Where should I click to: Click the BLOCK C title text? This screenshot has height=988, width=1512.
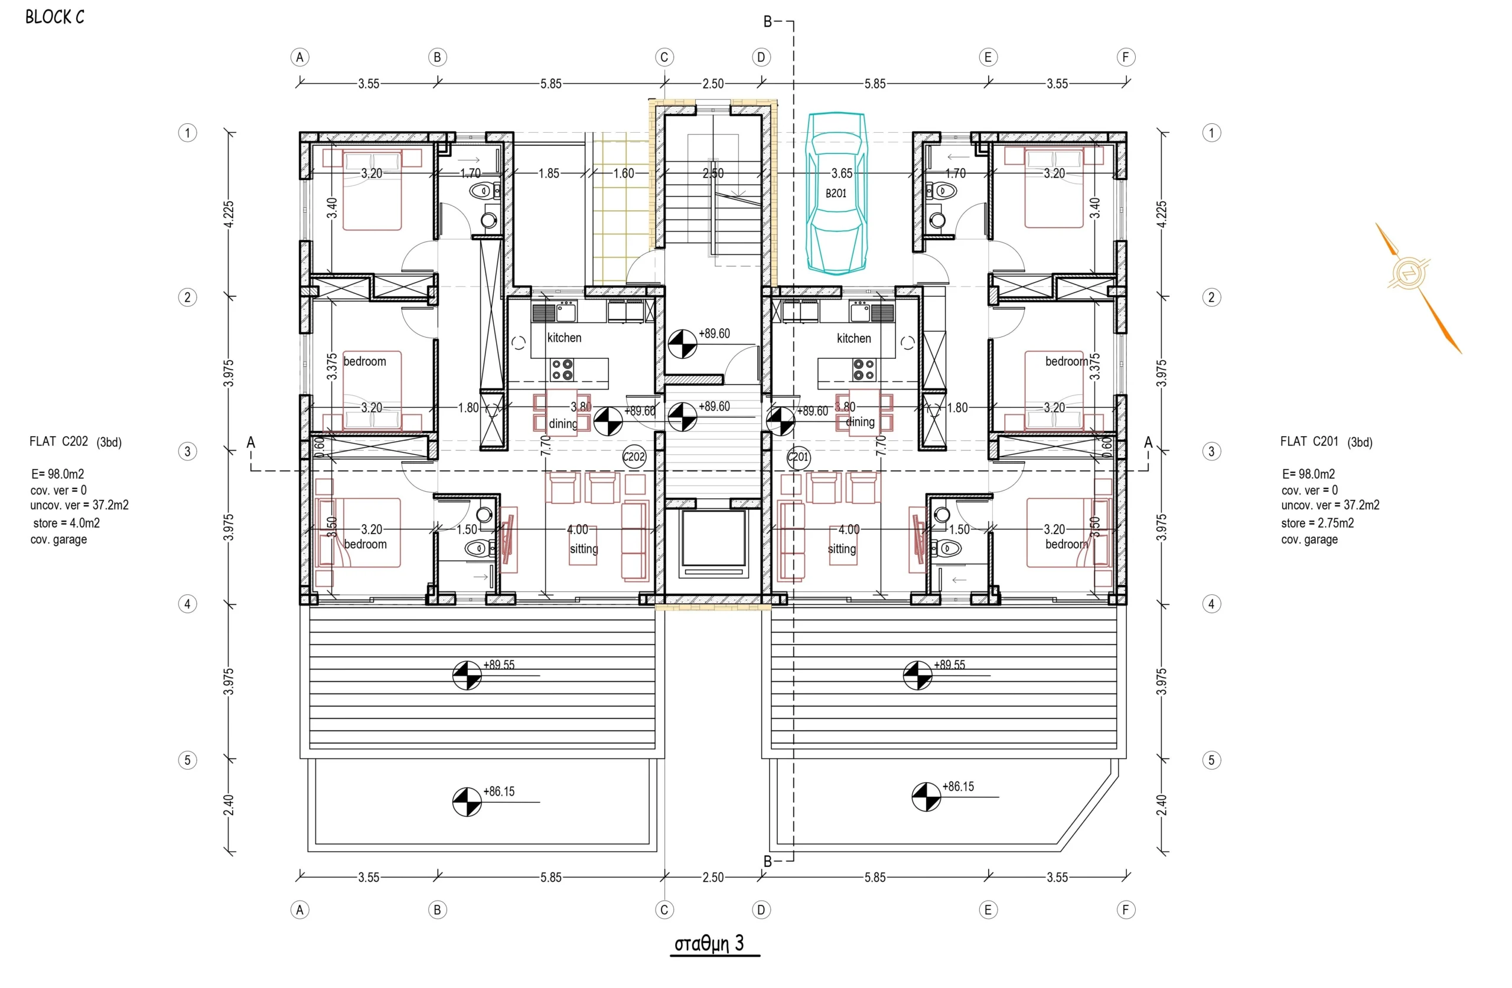55,17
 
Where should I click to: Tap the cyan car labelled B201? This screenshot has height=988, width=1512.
836,193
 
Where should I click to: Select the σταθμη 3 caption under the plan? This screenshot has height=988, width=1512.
709,944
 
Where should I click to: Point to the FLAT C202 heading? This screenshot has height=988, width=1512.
58,441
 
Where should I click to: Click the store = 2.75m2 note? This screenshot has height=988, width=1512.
1317,523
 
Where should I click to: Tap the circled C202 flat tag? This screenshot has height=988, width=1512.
634,457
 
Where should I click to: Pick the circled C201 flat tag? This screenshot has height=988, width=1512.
798,457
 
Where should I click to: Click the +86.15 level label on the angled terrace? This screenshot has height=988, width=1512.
958,787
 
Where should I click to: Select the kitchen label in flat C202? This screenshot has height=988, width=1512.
564,338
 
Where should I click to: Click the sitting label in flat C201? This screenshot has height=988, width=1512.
842,549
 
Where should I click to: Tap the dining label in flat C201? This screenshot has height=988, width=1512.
860,421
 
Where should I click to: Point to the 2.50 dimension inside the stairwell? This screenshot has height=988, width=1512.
713,174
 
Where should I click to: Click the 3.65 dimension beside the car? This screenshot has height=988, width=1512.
842,174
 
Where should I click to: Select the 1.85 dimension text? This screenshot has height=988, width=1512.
549,174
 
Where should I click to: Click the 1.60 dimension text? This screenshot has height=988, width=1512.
623,174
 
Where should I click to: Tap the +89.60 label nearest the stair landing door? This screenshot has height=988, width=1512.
714,333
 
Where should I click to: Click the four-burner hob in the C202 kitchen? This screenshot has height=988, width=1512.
562,369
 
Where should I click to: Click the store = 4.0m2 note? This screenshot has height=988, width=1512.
66,523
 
